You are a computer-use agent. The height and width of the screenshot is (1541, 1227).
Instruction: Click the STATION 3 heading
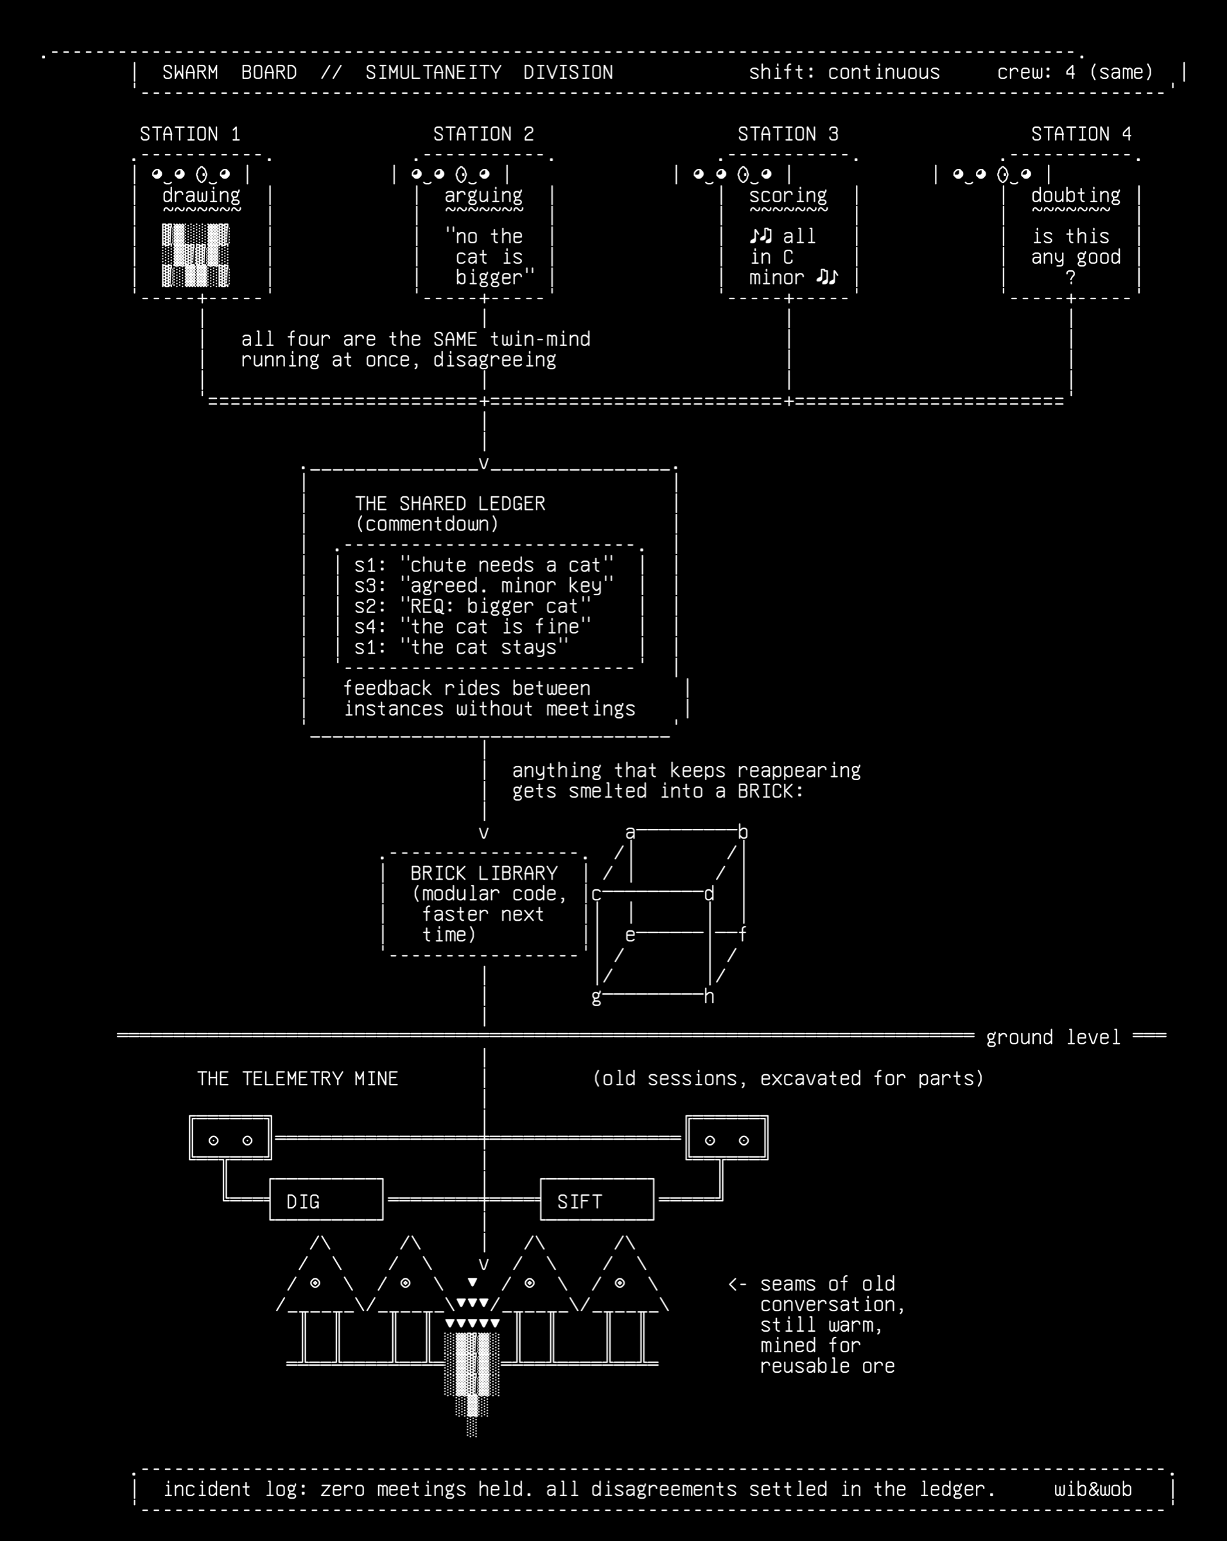(x=788, y=134)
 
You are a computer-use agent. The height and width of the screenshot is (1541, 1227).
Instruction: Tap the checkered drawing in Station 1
(x=196, y=255)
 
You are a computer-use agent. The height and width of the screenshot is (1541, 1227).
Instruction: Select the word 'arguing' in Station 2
(x=483, y=196)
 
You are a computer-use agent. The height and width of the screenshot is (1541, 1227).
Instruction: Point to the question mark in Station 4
(x=1070, y=278)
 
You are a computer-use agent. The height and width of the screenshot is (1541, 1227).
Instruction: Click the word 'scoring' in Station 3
(x=788, y=196)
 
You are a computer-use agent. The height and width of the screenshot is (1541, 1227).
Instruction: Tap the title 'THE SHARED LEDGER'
(x=450, y=504)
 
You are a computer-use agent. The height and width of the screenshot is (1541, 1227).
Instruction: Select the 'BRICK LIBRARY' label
(x=483, y=873)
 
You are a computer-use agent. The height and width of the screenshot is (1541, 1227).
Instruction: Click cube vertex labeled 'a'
(x=631, y=833)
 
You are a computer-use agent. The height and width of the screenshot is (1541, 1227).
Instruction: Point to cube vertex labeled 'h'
(x=709, y=997)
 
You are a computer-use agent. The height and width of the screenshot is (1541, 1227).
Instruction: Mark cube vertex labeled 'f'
(x=744, y=934)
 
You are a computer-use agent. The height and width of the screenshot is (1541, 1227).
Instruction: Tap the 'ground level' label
(x=1054, y=1038)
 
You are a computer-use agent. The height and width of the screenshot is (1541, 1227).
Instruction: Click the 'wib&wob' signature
(x=1093, y=1490)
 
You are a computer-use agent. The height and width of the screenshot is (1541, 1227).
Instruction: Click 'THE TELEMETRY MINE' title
(x=297, y=1079)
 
